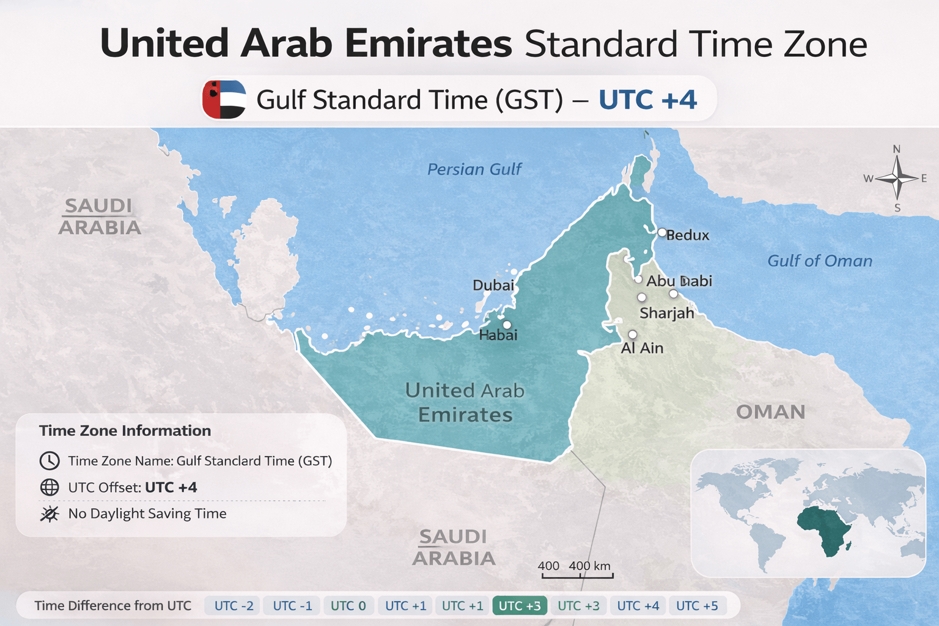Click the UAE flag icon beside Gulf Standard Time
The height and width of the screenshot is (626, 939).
(224, 99)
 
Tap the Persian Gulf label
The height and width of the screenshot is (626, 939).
(474, 169)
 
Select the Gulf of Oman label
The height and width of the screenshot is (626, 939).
(819, 261)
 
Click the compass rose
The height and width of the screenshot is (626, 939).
(896, 179)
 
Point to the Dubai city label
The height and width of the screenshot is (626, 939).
(493, 285)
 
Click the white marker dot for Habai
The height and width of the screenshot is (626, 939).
(507, 325)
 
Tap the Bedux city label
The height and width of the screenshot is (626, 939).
(687, 235)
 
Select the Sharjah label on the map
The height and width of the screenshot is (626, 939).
(666, 314)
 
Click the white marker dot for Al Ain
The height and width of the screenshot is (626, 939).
(632, 334)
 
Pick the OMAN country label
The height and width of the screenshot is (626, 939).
(770, 412)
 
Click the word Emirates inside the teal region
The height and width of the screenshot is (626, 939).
(465, 415)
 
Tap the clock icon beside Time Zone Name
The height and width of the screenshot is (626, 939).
(50, 461)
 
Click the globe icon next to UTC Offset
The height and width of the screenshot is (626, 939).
(50, 487)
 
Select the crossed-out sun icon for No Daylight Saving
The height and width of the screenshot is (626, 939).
(50, 514)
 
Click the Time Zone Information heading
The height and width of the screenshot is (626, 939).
(125, 431)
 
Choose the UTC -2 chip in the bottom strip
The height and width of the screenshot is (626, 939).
(234, 606)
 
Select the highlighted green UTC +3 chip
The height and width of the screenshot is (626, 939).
(520, 606)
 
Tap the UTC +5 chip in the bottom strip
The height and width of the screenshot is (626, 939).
(697, 606)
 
